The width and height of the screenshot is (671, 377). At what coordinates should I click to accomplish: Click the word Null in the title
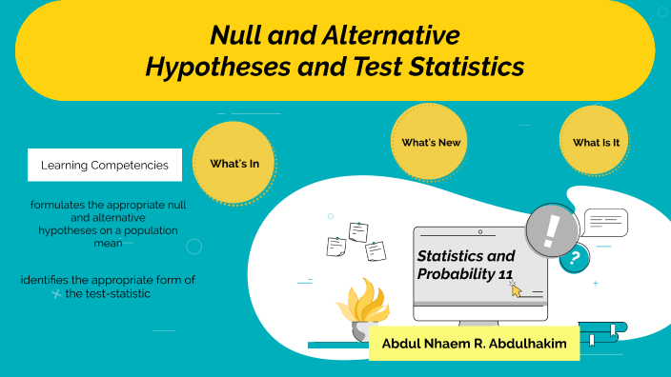237,36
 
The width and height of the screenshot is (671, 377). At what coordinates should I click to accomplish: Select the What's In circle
234,164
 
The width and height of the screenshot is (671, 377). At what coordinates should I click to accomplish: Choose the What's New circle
431,142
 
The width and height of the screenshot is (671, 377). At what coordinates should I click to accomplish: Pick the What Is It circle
597,143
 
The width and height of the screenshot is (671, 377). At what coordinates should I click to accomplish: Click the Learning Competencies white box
105,165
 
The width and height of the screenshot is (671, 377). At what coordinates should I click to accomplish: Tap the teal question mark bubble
574,258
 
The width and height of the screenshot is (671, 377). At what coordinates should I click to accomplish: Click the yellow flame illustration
364,302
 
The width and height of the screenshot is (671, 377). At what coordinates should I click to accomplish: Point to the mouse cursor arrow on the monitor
517,288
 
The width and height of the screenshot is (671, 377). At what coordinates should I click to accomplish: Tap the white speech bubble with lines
605,221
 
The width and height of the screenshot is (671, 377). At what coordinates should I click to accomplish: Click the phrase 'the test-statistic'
108,294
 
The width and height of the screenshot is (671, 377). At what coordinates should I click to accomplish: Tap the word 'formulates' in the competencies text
58,206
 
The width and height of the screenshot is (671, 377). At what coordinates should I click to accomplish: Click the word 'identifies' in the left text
48,280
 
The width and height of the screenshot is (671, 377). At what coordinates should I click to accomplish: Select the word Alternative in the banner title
393,36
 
